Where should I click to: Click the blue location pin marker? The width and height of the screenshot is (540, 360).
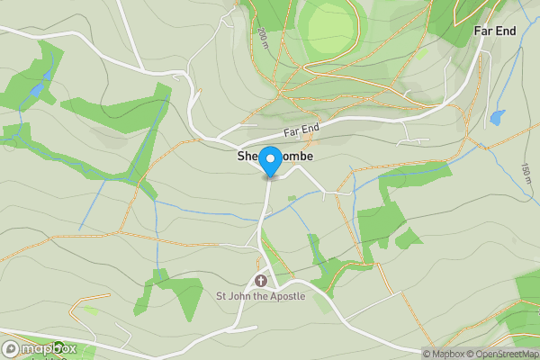[x=270, y=161]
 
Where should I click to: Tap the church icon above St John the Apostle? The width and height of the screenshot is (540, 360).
[x=261, y=280]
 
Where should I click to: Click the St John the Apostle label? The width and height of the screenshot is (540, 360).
[x=260, y=295]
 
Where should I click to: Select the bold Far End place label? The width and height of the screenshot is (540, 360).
[x=495, y=31]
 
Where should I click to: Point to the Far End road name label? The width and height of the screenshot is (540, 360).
[x=302, y=131]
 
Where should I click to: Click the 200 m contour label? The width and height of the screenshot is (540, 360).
[x=262, y=39]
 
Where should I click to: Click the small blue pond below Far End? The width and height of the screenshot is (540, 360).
[x=497, y=117]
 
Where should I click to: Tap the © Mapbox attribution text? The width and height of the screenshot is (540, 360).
[x=444, y=354]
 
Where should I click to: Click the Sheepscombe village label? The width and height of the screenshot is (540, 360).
[x=270, y=157]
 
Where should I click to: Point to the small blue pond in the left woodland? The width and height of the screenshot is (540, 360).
[x=36, y=91]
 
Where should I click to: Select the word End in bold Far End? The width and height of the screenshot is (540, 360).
[x=506, y=31]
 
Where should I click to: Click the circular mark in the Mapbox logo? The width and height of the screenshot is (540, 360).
[x=11, y=349]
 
